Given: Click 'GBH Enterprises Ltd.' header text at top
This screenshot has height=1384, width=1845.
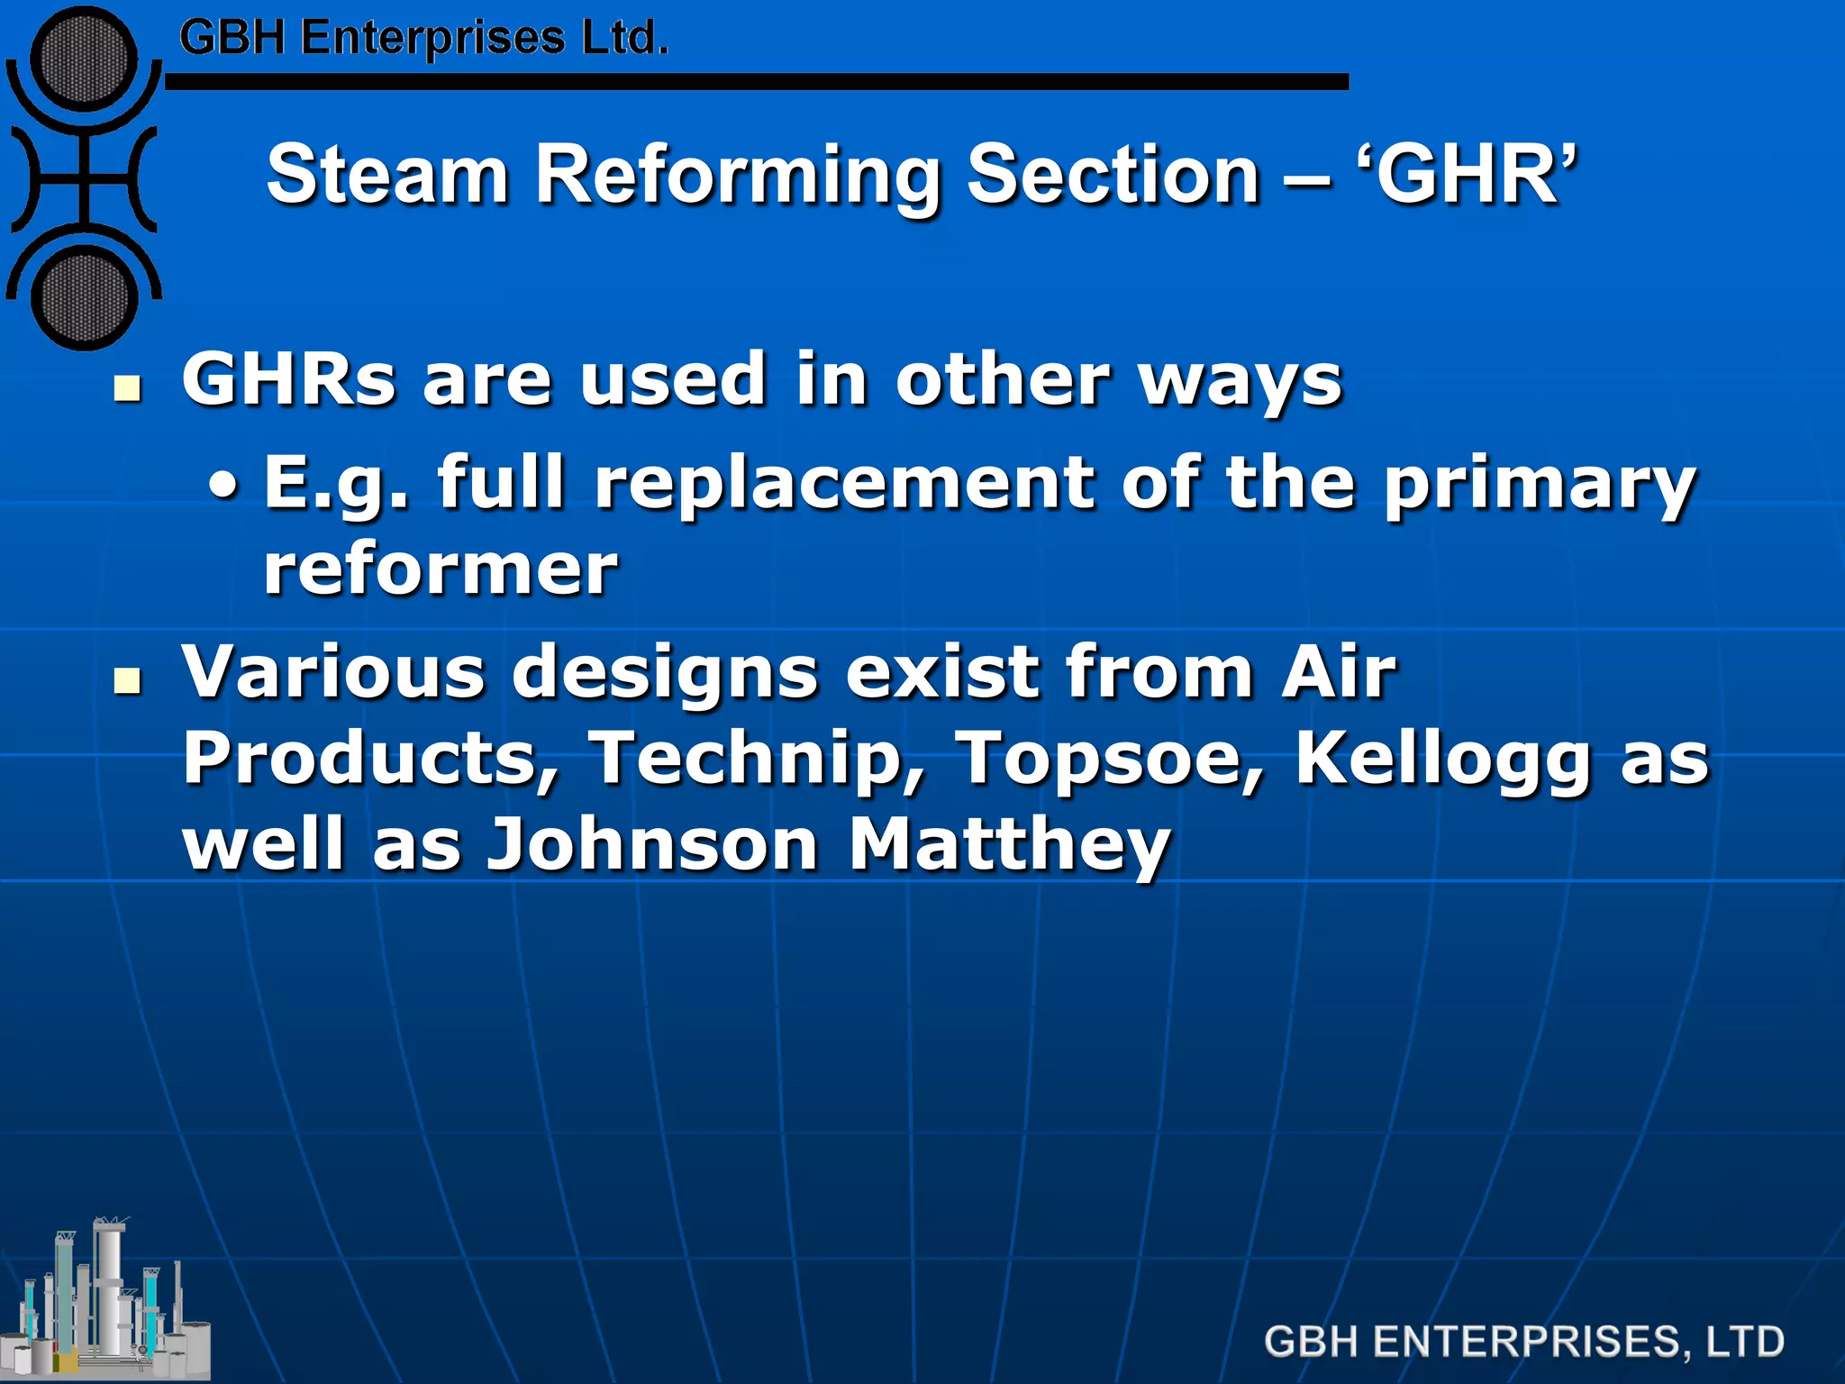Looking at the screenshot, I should [423, 39].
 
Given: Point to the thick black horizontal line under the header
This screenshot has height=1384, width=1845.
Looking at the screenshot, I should [757, 82].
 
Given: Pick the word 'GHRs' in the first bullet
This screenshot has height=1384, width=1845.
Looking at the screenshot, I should [288, 379].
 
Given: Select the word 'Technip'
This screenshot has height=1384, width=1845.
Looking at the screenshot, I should [758, 758].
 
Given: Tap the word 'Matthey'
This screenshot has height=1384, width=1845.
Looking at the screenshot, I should [1009, 846].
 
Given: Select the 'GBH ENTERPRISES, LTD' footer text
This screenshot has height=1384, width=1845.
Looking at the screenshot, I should [1523, 1342].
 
